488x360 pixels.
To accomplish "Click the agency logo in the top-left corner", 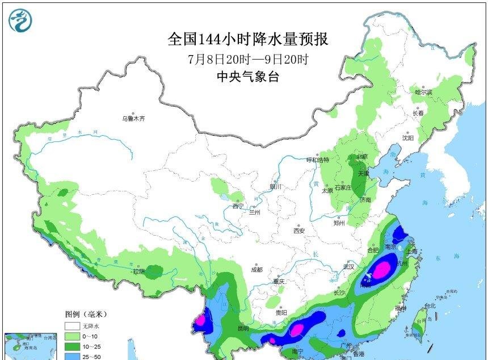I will pos(20,20).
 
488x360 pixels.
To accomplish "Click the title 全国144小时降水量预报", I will pos(248,39).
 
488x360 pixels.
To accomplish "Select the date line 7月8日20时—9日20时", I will pos(248,59).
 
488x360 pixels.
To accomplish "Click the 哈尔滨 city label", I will pos(423,91).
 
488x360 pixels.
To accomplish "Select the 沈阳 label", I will pos(408,137).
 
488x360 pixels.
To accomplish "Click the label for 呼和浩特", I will pos(318,160).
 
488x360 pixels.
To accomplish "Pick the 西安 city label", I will pos(299,230).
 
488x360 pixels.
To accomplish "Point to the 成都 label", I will pos(257,270).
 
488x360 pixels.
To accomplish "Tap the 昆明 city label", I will pos(243,328).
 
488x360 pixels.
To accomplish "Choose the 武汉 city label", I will pos(348,266).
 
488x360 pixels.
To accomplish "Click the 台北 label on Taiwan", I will pos(430,306).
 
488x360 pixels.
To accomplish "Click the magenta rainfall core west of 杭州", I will pos(382,267).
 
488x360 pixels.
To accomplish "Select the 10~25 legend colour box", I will pos(71,346).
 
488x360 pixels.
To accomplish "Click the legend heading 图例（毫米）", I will pos(86,313).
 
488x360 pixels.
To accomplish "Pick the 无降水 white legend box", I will pos(71,326).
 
